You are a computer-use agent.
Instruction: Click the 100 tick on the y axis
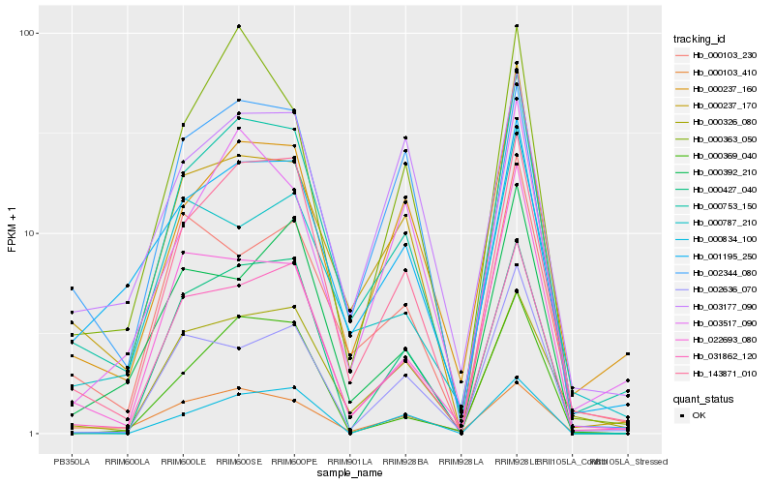point(27,33)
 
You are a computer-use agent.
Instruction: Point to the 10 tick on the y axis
point(30,233)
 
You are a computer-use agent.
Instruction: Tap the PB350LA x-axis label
point(71,462)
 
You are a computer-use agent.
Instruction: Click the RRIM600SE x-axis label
point(238,462)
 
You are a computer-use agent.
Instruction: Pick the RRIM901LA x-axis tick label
point(349,462)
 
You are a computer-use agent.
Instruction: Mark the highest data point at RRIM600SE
point(238,26)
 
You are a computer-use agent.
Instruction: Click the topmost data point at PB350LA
point(71,288)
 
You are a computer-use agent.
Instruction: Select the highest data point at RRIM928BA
point(405,137)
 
